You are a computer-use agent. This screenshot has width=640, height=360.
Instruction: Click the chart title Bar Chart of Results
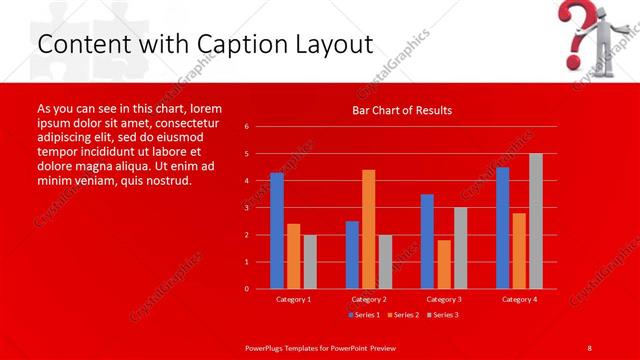pyautogui.click(x=401, y=110)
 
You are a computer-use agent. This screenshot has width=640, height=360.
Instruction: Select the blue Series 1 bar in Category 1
pyautogui.click(x=277, y=231)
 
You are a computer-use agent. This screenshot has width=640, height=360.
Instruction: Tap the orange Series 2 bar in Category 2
pyautogui.click(x=368, y=229)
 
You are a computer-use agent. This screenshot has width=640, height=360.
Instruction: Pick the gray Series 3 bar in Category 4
pyautogui.click(x=535, y=221)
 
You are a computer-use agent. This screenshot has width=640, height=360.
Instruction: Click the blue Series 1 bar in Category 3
pyautogui.click(x=427, y=241)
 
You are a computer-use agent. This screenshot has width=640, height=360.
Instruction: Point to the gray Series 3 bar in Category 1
pyautogui.click(x=310, y=261)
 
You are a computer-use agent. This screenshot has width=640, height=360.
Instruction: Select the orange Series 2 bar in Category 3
pyautogui.click(x=443, y=264)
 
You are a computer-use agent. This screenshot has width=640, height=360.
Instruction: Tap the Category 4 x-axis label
pyautogui.click(x=518, y=299)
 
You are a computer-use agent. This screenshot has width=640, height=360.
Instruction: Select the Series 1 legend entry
pyautogui.click(x=364, y=315)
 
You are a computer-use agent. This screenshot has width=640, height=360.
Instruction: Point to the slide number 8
pyautogui.click(x=590, y=346)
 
